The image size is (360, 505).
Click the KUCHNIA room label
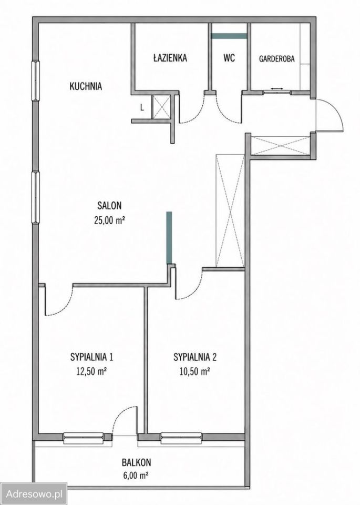[86, 86]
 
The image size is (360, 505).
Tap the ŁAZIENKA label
[170, 58]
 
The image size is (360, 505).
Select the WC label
[229, 58]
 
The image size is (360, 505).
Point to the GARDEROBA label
[276, 59]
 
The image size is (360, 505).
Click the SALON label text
[109, 205]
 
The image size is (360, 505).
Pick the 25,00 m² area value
[109, 220]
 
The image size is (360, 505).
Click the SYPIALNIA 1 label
[91, 357]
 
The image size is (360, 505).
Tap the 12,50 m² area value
[91, 372]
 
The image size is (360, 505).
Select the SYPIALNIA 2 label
[195, 357]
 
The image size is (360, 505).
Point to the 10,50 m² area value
[195, 372]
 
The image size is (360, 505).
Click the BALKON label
[137, 462]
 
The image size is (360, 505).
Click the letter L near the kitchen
[142, 108]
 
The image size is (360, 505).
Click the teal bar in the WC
[229, 36]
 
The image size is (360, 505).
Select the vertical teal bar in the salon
[169, 238]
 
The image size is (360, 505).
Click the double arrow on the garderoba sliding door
[276, 88]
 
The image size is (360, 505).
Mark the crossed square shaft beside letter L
[160, 107]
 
